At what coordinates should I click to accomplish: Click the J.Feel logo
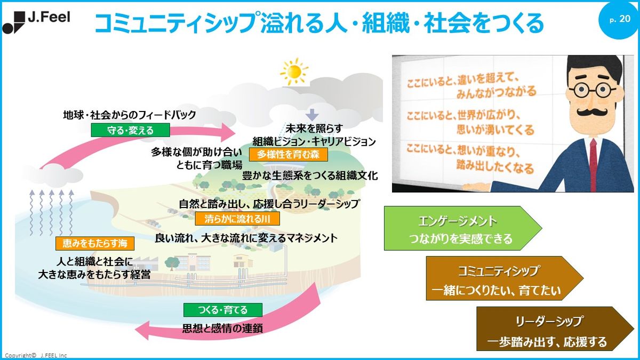coord(36,22)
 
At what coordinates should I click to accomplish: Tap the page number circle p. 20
coord(619,19)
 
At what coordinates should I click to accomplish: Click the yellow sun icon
coord(294,71)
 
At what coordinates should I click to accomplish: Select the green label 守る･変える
coord(131,130)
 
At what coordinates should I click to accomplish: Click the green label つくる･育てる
coord(223,310)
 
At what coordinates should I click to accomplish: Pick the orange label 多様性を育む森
coord(289,155)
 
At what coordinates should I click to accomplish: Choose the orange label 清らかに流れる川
coord(237,219)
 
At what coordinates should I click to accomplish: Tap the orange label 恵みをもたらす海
coord(95,243)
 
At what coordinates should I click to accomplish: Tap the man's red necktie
coord(593,165)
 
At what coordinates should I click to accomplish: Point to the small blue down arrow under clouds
coord(311,115)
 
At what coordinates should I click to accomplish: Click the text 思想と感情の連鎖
coord(222,329)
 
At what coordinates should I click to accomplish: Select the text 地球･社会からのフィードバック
coord(130,115)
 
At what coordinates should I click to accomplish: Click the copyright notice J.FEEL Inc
coord(36,355)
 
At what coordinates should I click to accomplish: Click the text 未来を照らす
coord(314,129)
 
